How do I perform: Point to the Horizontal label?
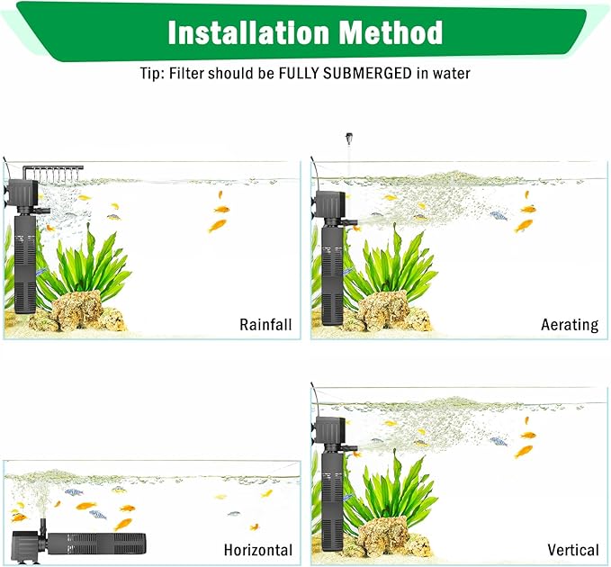pyautogui.click(x=258, y=550)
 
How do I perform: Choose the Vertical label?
pyautogui.click(x=573, y=550)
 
